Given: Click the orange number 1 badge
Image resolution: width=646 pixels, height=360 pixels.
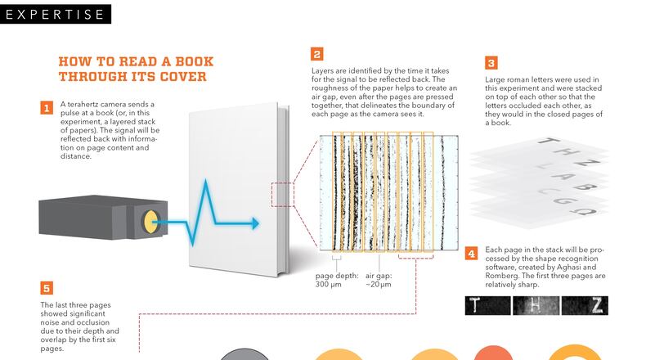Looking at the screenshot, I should point(47,107).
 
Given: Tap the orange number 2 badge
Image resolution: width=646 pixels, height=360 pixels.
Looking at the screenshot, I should point(316,55).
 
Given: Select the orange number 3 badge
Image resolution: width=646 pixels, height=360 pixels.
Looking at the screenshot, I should point(491,62).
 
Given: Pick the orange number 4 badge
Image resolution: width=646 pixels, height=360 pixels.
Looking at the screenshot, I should point(471,254).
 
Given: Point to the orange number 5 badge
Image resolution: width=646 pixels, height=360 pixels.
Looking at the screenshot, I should point(47,288).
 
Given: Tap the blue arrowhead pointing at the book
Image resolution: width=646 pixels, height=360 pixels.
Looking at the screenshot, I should point(254,223).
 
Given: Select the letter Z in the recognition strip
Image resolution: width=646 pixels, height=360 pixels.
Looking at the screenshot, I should point(596,305).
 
